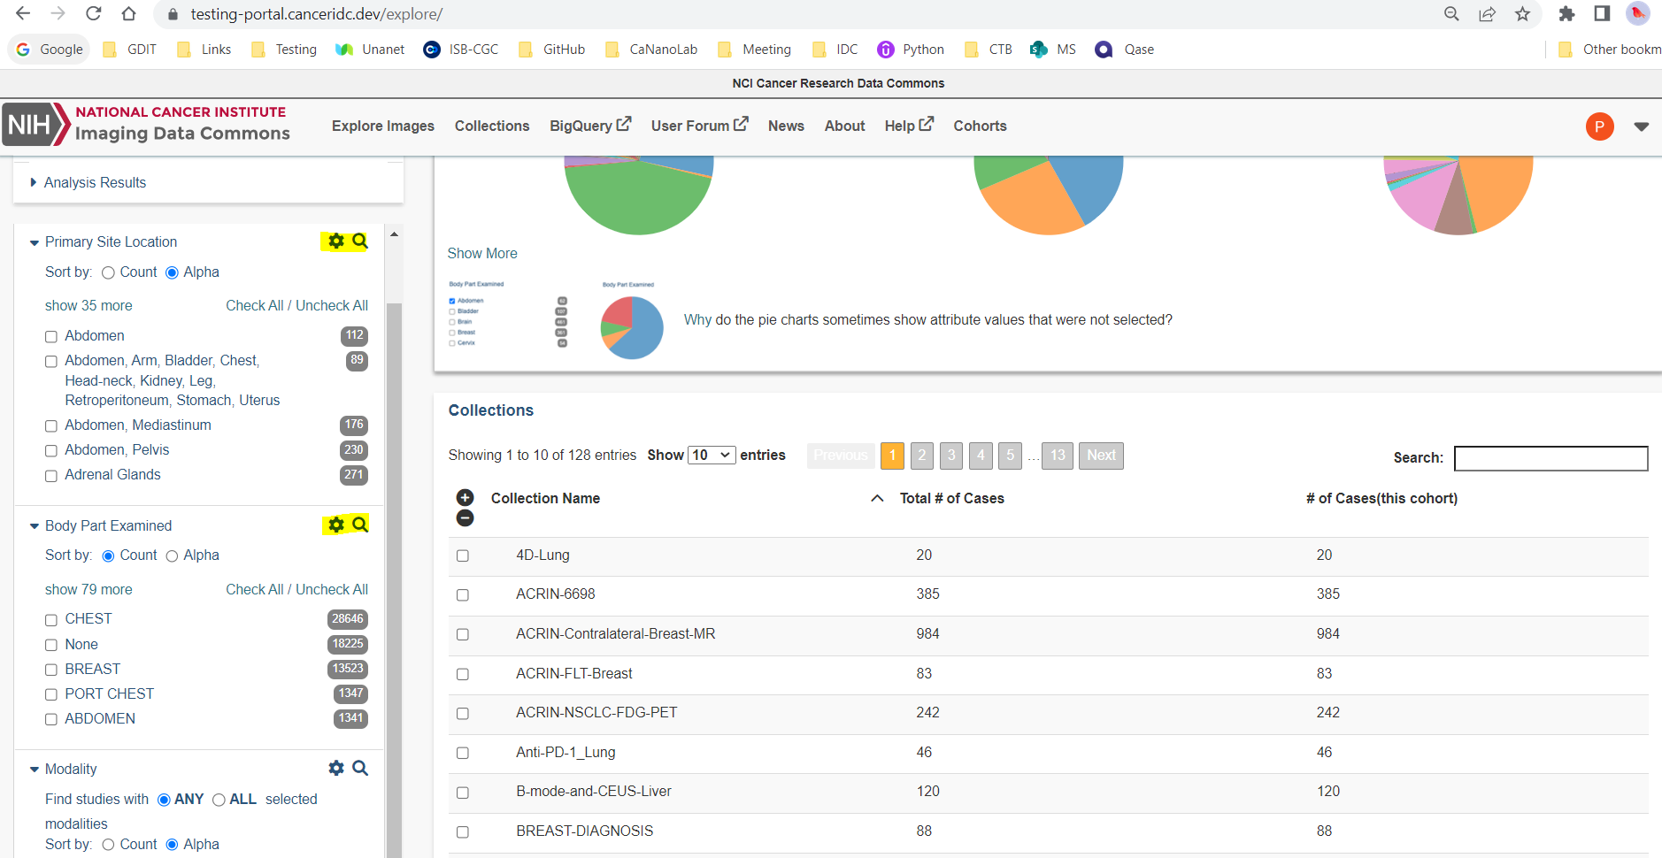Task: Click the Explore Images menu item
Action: click(x=382, y=126)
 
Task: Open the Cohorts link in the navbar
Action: click(x=980, y=126)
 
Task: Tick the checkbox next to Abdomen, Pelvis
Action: click(x=51, y=451)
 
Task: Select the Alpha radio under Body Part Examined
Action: click(x=173, y=556)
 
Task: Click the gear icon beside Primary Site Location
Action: click(x=336, y=241)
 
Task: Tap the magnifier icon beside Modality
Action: click(x=360, y=768)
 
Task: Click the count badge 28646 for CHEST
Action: click(x=347, y=619)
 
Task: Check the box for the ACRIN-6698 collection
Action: click(x=463, y=595)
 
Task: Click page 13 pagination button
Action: click(x=1058, y=456)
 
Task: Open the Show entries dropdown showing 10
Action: click(x=712, y=456)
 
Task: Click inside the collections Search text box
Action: click(x=1550, y=458)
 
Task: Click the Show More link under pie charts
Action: click(x=482, y=254)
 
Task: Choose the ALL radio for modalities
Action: click(x=219, y=801)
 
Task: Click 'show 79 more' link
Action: click(x=88, y=590)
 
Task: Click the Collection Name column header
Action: click(x=545, y=499)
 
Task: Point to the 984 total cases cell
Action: click(x=927, y=634)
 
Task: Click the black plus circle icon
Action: click(x=466, y=497)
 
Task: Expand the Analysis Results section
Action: click(x=94, y=182)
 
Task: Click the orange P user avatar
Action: click(x=1599, y=126)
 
